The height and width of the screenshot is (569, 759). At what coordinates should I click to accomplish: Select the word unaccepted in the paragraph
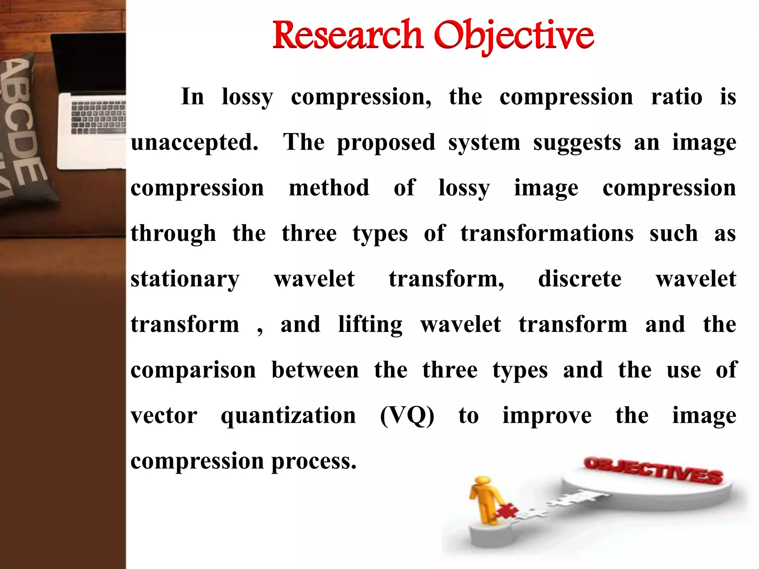(194, 143)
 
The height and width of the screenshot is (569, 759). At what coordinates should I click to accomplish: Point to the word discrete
(580, 279)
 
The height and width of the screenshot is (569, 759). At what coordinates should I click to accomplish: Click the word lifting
(370, 325)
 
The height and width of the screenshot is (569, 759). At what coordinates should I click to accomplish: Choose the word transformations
(547, 233)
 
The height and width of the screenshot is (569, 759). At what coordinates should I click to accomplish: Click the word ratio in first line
(676, 97)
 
